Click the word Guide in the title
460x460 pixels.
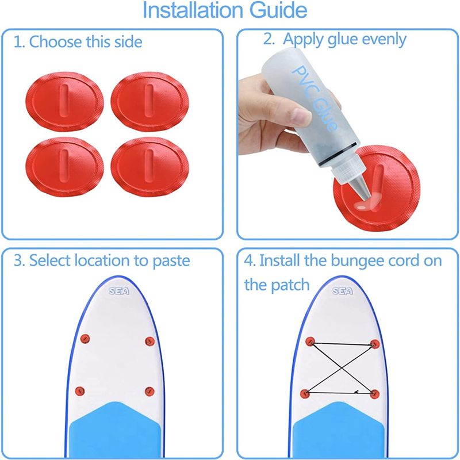point(278,10)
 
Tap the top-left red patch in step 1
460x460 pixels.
point(64,102)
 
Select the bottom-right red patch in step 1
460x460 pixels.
point(149,167)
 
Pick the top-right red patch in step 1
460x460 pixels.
point(149,102)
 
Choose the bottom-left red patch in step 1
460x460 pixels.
point(64,167)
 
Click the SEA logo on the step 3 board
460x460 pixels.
point(119,291)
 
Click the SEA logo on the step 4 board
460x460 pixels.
point(342,291)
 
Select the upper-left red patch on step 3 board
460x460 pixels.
point(85,339)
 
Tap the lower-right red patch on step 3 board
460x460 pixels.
point(149,392)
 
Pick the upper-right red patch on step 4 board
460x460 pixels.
point(375,344)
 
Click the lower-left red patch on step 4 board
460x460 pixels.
point(305,393)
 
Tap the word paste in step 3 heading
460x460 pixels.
point(171,262)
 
